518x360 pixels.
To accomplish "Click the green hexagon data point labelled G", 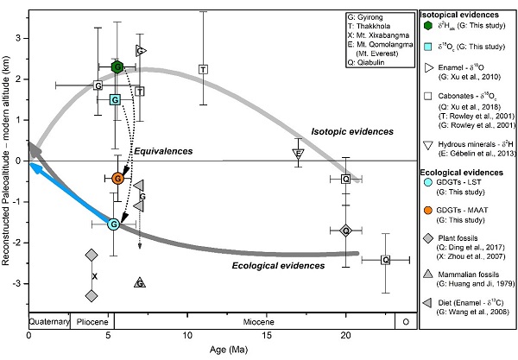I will pyautogui.click(x=118, y=66).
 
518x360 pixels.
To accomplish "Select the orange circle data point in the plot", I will pyautogui.click(x=118, y=178).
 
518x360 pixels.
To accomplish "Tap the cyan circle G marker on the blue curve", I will pyautogui.click(x=113, y=224).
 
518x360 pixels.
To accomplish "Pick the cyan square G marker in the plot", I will pyautogui.click(x=115, y=99).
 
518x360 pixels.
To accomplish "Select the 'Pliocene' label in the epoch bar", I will pyautogui.click(x=88, y=319).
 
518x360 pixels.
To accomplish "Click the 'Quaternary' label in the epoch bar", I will pyautogui.click(x=48, y=319).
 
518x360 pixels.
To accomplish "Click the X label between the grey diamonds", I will pyautogui.click(x=94, y=275).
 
